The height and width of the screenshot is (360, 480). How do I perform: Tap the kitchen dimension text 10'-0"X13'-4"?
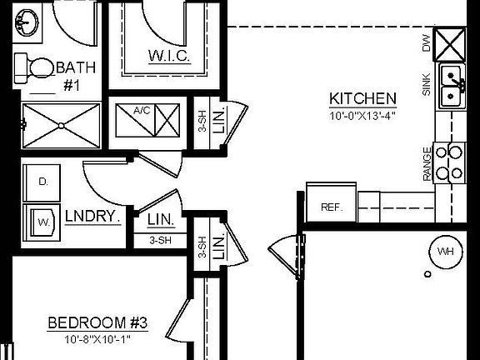click(x=362, y=116)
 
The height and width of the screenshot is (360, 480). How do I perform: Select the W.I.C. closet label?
click(x=170, y=57)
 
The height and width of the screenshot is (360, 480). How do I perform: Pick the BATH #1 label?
click(x=76, y=74)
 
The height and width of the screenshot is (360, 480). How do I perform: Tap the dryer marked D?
click(x=42, y=182)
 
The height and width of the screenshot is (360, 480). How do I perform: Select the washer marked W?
click(x=42, y=222)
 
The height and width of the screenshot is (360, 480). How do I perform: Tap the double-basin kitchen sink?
click(x=452, y=87)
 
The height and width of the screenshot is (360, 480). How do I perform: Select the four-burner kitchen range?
click(x=455, y=162)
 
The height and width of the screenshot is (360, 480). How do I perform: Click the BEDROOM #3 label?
click(x=98, y=323)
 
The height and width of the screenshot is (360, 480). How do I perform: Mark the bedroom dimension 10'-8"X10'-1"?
click(x=97, y=339)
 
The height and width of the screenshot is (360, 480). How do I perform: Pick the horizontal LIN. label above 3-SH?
click(x=161, y=220)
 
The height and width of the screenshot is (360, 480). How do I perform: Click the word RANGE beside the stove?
click(x=427, y=163)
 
